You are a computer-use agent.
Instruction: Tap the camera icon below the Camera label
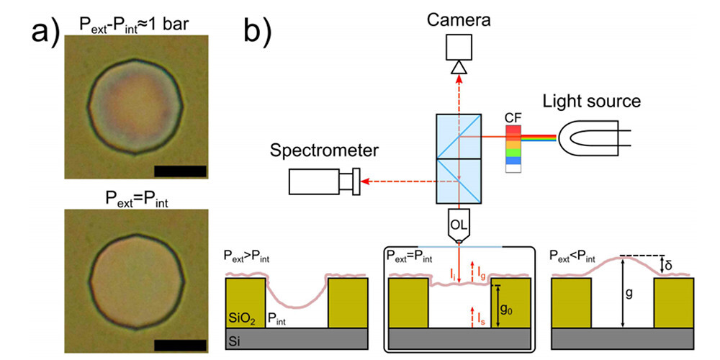(x=459, y=53)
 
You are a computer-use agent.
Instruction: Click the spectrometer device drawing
(x=323, y=181)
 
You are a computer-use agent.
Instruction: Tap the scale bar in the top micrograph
(x=179, y=171)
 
